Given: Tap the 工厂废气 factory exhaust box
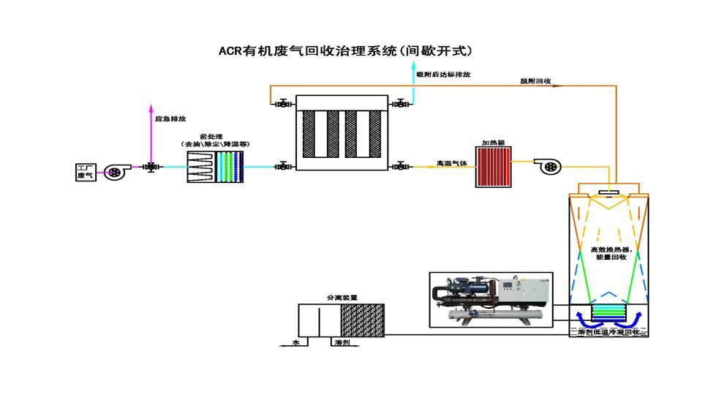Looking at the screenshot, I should point(86,172).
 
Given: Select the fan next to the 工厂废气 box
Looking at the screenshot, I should point(115,172).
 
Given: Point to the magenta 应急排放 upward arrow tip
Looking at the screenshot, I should point(151,107).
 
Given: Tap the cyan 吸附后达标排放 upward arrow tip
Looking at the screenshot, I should point(414,67).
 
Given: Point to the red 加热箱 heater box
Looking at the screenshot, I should point(492,167).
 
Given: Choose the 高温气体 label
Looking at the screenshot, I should point(451,163).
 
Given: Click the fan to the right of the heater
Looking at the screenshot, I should point(548,167).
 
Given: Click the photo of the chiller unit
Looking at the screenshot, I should point(488,298).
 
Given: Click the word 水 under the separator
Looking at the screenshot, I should point(297,342).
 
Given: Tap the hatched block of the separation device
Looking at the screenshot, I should point(362,320).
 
